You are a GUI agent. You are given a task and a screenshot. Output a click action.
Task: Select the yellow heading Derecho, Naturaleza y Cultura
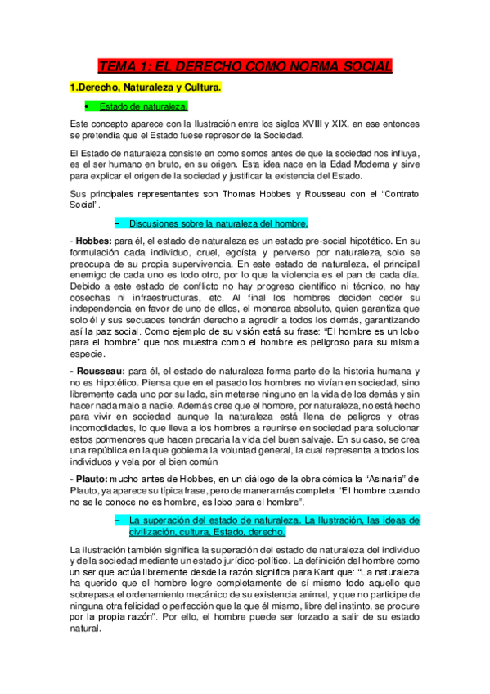pos(146,87)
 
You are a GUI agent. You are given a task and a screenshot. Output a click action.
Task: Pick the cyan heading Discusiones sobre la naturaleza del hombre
pos(218,222)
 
